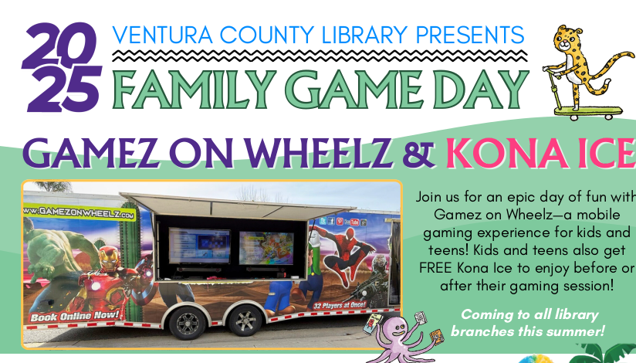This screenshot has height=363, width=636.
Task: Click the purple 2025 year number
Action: [x=62, y=67]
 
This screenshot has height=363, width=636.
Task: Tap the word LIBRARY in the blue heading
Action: [x=364, y=35]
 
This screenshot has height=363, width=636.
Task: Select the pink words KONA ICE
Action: [x=540, y=153]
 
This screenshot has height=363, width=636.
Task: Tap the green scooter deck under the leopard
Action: [x=589, y=112]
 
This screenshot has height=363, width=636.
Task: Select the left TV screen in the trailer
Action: [x=199, y=245]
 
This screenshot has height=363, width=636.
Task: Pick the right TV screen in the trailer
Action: [x=266, y=248]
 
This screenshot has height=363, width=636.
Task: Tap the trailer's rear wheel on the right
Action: [x=245, y=320]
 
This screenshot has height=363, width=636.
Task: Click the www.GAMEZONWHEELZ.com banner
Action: [x=79, y=212]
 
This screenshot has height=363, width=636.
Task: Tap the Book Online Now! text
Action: [x=76, y=316]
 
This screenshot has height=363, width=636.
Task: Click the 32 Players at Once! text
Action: [x=339, y=305]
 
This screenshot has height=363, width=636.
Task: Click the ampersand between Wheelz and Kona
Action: [x=418, y=154]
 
